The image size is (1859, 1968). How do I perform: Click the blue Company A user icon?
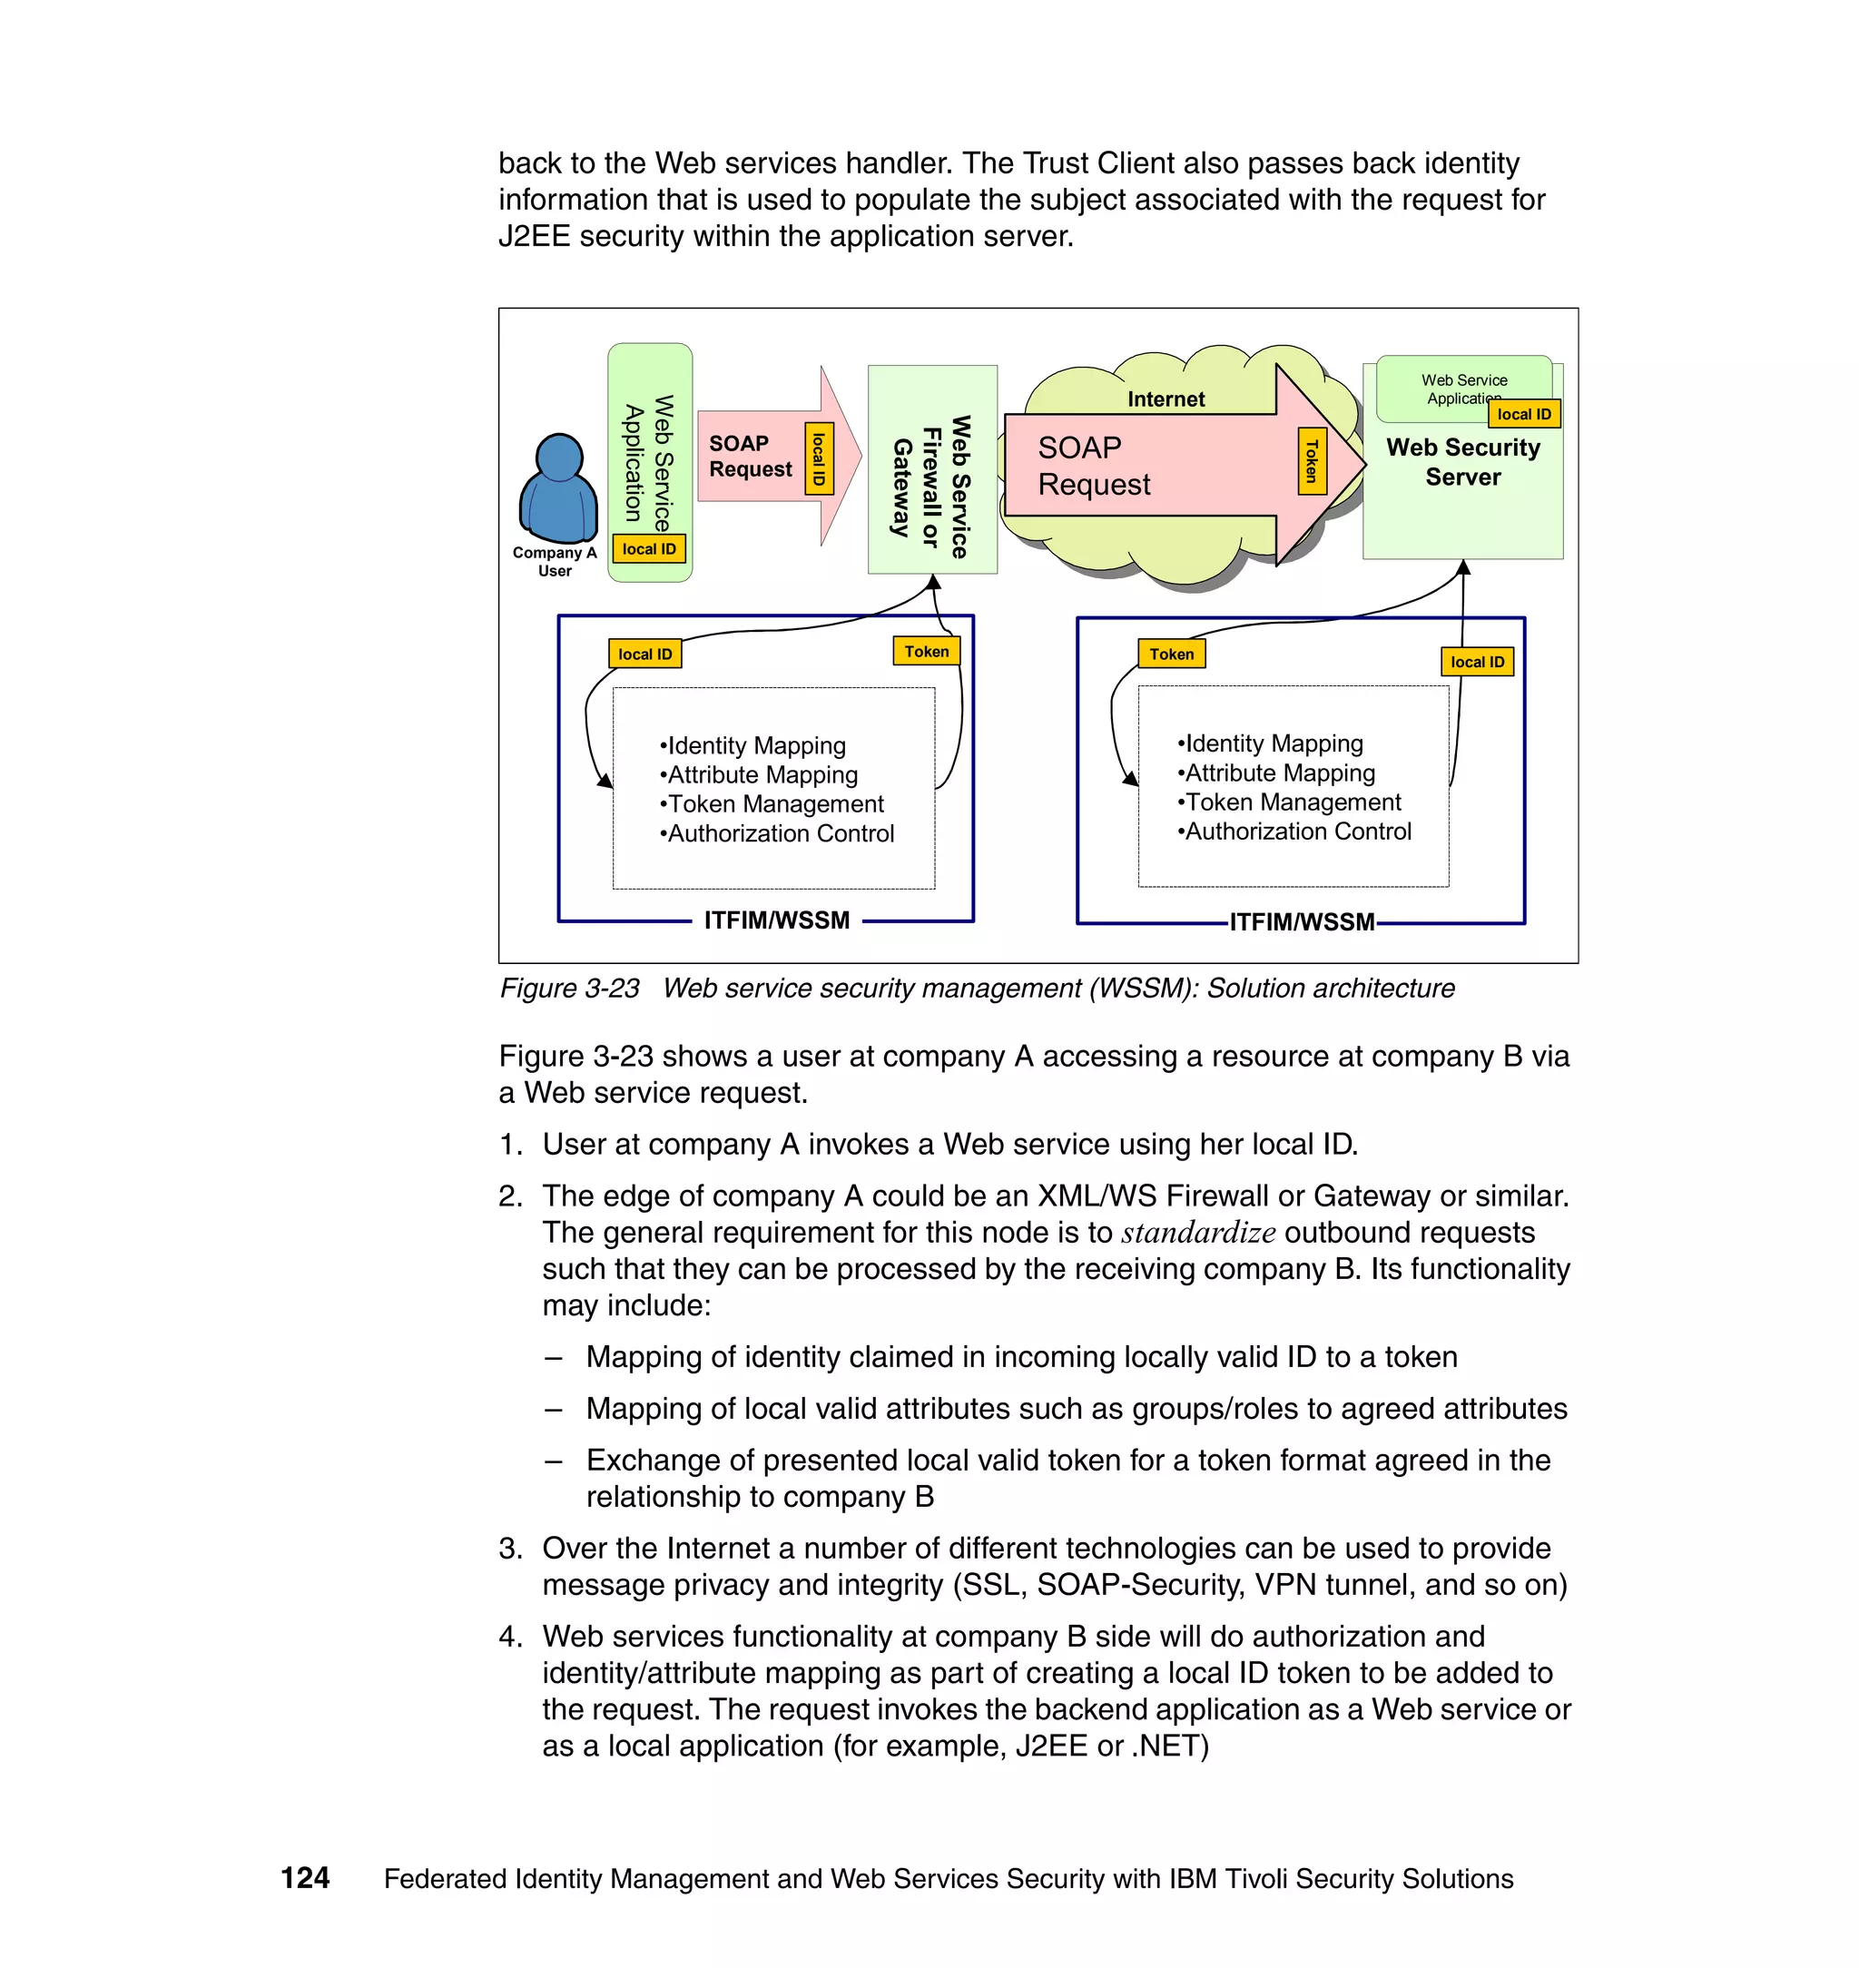(x=558, y=489)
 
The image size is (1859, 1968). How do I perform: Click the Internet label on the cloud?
(x=1166, y=399)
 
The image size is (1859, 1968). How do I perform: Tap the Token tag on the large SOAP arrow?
(x=1312, y=461)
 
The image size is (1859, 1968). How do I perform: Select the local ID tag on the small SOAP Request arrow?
(x=820, y=458)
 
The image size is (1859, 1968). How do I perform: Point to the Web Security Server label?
(x=1462, y=462)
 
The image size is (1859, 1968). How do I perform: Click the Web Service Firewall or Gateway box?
(x=931, y=469)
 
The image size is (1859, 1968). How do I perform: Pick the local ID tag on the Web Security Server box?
(x=1523, y=414)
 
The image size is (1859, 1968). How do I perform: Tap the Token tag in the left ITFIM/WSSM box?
(x=927, y=651)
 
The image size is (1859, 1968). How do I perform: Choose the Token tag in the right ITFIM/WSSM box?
(x=1171, y=654)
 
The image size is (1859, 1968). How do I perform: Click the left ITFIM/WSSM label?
(x=777, y=920)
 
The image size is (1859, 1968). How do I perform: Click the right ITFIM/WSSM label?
(x=1301, y=922)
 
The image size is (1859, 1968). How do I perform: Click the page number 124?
(x=305, y=1878)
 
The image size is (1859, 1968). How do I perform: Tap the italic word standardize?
(x=1198, y=1233)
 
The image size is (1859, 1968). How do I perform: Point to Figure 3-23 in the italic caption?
(x=570, y=989)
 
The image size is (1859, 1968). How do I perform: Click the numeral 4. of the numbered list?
(x=510, y=1637)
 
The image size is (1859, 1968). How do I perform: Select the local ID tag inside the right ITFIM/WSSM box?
(x=1477, y=662)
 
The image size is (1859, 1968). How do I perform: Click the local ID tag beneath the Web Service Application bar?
(x=649, y=549)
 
